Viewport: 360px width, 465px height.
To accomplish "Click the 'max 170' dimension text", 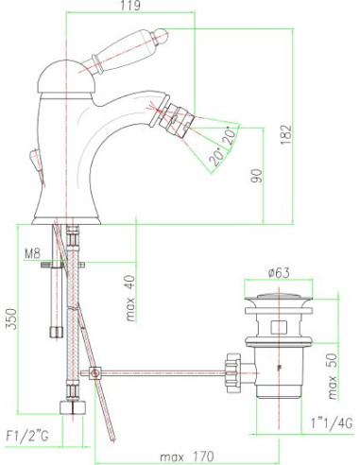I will point(181,456).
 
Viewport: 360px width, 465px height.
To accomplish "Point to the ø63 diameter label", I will point(278,273).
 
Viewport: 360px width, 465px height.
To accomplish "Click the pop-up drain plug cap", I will point(277,301).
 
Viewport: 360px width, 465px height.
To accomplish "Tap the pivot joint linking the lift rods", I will point(95,373).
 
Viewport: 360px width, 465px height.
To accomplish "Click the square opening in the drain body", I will point(278,330).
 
